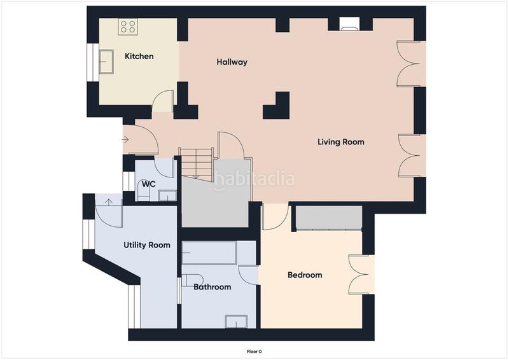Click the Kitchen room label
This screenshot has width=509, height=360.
[139, 57]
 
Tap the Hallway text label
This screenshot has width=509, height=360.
[232, 62]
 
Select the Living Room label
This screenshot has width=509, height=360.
[341, 142]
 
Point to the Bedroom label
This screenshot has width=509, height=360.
[305, 275]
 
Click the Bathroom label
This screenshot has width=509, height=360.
[212, 287]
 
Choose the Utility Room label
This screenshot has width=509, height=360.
[146, 245]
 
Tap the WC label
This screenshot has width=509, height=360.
[148, 184]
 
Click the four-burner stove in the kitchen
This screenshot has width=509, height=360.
[129, 26]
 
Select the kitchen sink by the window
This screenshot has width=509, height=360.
[106, 62]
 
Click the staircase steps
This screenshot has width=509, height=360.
[197, 163]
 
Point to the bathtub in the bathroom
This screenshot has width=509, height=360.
[209, 253]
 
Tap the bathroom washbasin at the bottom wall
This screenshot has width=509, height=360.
[235, 321]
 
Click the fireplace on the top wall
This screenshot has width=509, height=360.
[349, 25]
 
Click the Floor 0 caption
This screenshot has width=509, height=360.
[254, 351]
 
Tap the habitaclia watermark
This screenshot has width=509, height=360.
[254, 179]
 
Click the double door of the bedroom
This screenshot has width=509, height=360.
[360, 274]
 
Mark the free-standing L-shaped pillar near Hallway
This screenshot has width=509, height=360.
[278, 107]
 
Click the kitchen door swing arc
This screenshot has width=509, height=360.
[164, 102]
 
